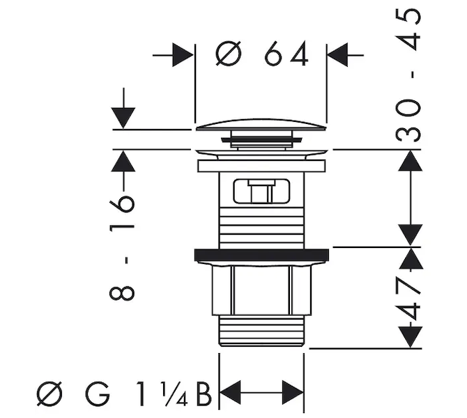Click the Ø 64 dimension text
[x=262, y=55]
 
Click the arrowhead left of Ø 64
[x=183, y=55]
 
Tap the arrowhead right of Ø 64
[x=338, y=55]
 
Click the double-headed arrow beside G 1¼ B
[x=262, y=389]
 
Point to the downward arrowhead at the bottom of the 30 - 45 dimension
[x=411, y=234]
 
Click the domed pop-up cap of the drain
[x=261, y=125]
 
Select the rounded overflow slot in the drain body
[x=261, y=192]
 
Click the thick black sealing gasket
[x=261, y=254]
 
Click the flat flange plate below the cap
[x=261, y=166]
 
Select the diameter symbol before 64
[x=228, y=55]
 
